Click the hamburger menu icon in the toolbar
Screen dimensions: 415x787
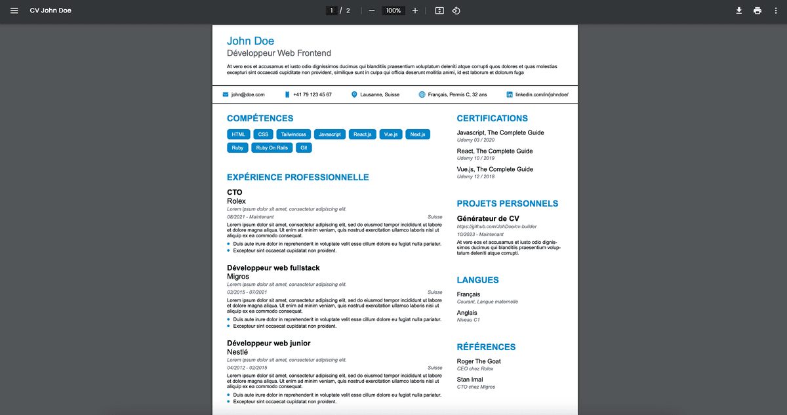(14, 10)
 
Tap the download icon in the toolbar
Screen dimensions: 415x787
(738, 10)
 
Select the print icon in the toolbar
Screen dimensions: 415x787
(757, 10)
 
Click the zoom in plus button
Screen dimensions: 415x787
(415, 10)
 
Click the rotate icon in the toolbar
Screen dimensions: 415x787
(456, 10)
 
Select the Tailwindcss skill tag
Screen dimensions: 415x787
(293, 134)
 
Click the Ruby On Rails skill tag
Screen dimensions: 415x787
(272, 148)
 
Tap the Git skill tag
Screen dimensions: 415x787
(304, 148)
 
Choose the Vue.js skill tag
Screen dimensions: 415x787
(391, 134)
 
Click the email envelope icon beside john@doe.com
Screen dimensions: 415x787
(226, 95)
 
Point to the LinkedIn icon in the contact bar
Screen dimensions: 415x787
(510, 95)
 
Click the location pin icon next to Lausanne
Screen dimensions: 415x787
(355, 95)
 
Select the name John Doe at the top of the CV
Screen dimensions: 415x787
(251, 41)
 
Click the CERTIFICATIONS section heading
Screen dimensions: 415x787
(492, 119)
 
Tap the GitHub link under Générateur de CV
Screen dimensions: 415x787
(496, 227)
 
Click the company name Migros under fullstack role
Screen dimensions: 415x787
(238, 277)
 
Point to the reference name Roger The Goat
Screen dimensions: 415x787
(479, 361)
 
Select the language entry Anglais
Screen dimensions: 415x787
(467, 313)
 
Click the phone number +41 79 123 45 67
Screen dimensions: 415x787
(312, 95)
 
